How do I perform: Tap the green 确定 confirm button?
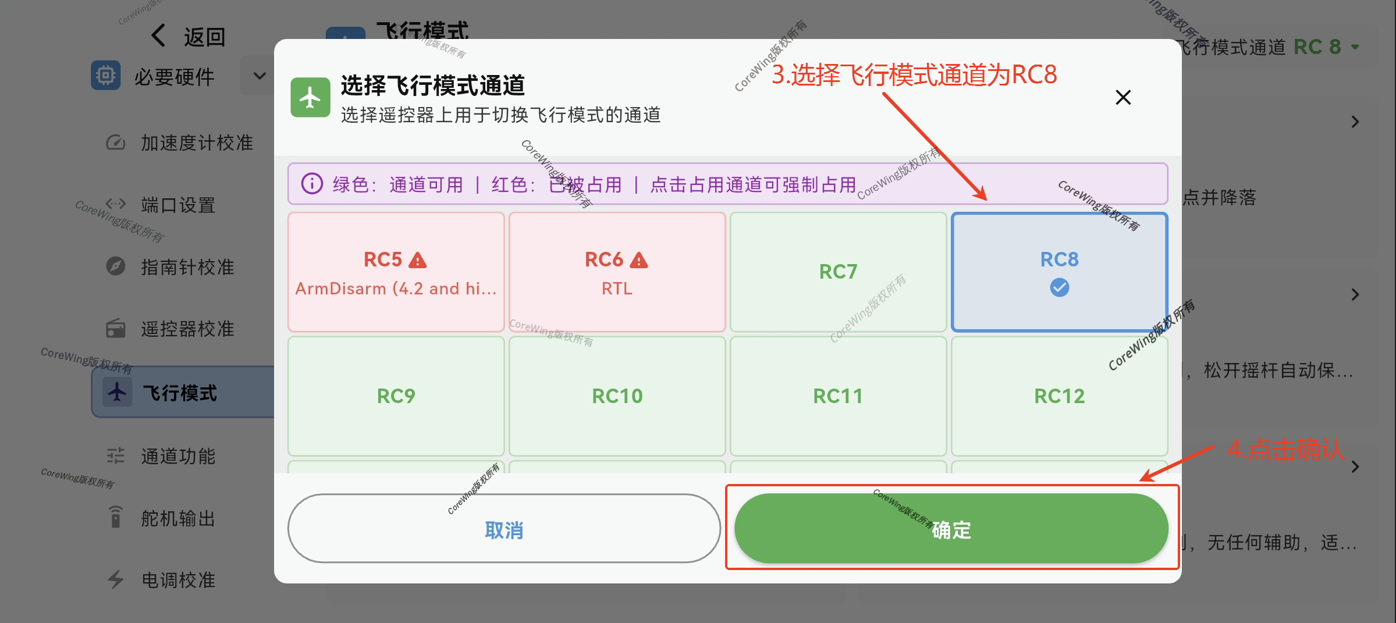point(951,529)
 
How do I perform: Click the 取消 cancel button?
point(504,529)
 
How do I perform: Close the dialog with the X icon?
point(1123,97)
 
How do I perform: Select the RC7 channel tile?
point(838,272)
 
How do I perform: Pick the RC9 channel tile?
point(396,396)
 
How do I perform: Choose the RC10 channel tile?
point(617,396)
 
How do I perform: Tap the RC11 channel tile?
point(838,396)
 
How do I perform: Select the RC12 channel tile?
point(1059,396)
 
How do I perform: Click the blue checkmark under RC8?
point(1059,287)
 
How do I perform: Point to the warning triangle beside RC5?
point(417,260)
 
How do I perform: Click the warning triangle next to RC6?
point(638,260)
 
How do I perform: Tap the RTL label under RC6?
point(617,289)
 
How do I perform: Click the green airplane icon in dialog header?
point(310,98)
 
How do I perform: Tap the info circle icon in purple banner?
point(312,184)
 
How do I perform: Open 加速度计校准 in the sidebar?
point(196,143)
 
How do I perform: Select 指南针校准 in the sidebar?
point(187,267)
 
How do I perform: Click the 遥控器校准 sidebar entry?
point(187,329)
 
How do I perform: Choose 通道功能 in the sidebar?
point(177,456)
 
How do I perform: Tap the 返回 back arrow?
point(159,36)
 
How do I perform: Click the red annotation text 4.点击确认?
point(1285,450)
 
